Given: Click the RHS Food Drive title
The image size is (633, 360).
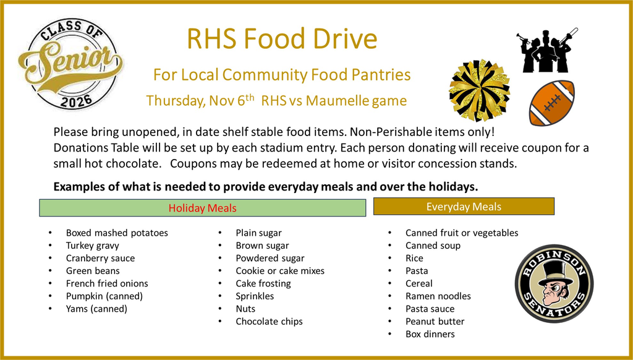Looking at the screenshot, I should (x=282, y=40).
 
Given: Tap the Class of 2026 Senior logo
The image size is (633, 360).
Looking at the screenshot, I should (x=69, y=63).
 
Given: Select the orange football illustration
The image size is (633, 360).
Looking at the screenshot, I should (x=551, y=103).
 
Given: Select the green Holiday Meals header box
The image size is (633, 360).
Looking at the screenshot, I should (x=202, y=208).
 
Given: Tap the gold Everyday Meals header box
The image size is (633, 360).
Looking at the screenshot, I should (x=464, y=207).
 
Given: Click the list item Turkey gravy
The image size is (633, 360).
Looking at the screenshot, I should (x=93, y=246).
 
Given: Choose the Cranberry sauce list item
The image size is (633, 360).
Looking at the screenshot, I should (x=100, y=258).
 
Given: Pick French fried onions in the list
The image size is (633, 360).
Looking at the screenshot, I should (x=107, y=283).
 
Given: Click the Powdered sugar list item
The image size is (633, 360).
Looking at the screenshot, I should (x=270, y=258).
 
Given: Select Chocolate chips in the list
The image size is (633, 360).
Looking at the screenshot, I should (x=269, y=321).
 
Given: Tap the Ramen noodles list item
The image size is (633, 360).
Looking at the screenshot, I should (x=438, y=296).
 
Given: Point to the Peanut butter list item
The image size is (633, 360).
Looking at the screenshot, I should (x=435, y=321).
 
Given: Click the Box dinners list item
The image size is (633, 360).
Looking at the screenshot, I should (x=430, y=334).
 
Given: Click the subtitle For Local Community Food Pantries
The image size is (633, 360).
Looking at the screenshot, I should (x=282, y=75).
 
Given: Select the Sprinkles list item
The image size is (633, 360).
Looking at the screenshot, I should (x=255, y=296).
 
